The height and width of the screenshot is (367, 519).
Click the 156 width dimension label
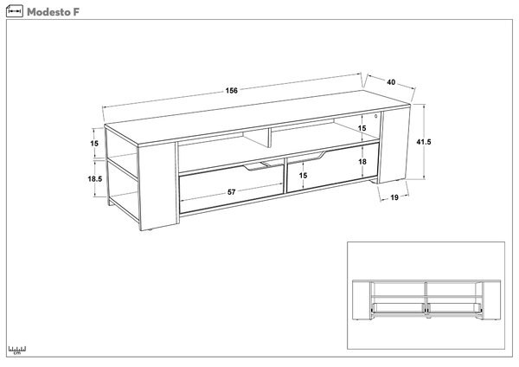[x=231, y=90]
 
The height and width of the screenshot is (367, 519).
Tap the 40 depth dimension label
[x=391, y=82]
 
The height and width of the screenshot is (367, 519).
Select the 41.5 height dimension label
[x=424, y=142]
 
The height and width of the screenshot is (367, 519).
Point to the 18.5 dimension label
[x=95, y=179]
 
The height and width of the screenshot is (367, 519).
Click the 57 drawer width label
[x=231, y=192]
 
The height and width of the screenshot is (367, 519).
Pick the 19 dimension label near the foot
[x=394, y=197]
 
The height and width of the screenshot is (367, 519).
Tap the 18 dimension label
[x=362, y=162]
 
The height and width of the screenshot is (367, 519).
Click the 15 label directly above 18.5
[x=94, y=144]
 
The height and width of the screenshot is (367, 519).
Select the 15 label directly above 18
[x=362, y=128]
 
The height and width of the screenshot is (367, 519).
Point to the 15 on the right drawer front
[x=304, y=176]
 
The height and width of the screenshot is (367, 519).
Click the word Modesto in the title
[x=48, y=12]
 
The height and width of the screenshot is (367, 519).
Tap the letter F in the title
[x=76, y=12]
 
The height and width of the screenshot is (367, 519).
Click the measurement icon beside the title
[x=15, y=11]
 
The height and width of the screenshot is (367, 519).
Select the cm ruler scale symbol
[x=17, y=351]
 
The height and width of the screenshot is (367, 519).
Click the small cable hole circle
[x=376, y=116]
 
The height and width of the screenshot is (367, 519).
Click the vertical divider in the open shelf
[x=268, y=138]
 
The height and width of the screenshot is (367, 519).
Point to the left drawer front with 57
[x=231, y=189]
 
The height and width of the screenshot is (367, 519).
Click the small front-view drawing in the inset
[x=426, y=299]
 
